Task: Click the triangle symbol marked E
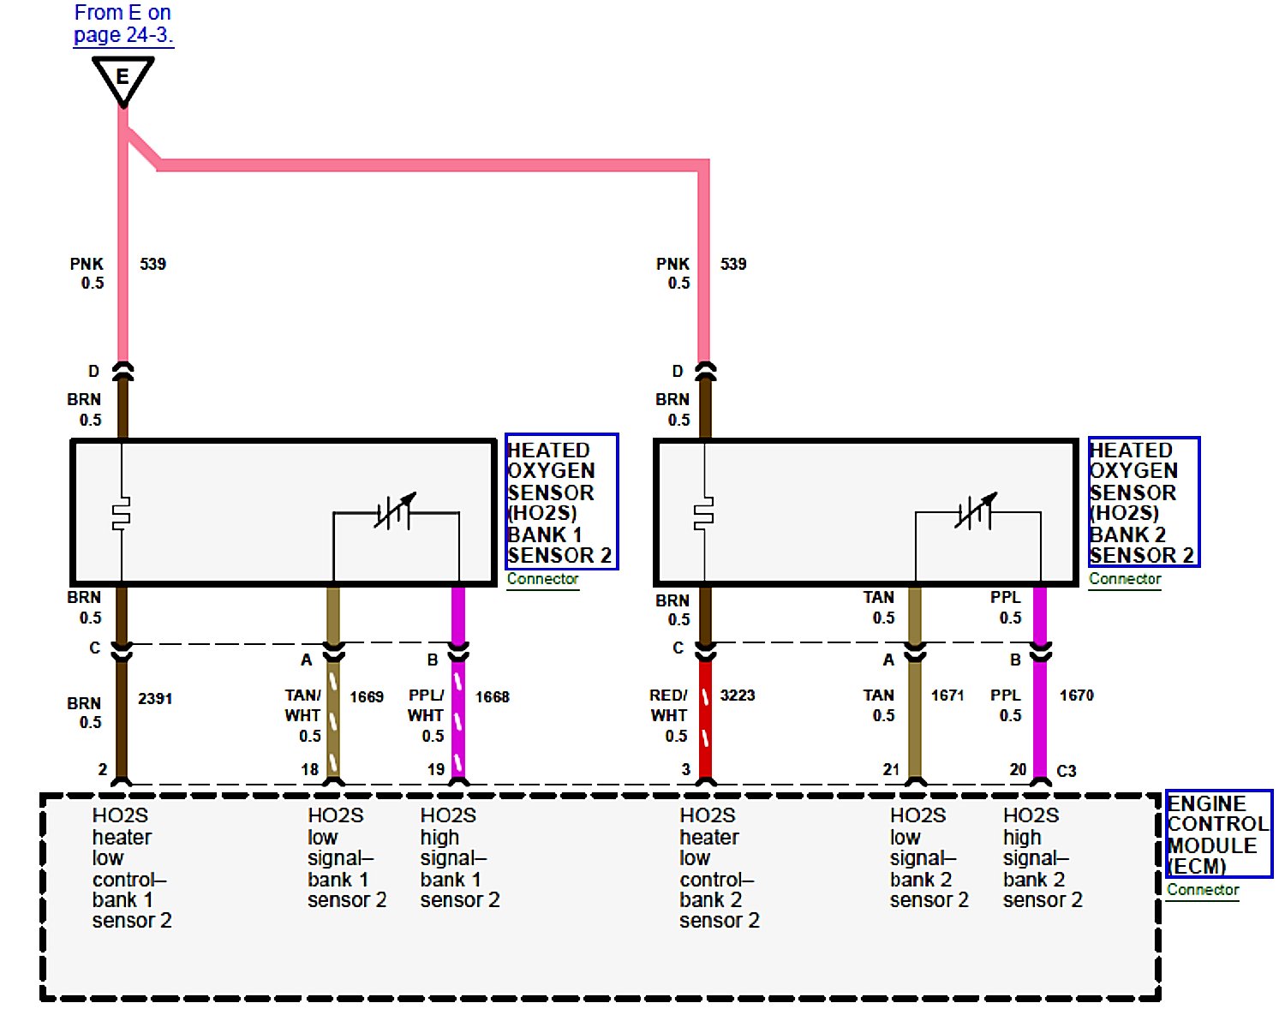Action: click(123, 78)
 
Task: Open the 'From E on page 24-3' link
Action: click(123, 24)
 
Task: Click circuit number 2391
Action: click(155, 699)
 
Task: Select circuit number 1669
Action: click(367, 697)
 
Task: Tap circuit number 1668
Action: click(493, 697)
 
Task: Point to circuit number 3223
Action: click(738, 696)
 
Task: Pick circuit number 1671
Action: click(947, 696)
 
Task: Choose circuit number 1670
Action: click(1077, 696)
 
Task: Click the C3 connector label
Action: click(1067, 771)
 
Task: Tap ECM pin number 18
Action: click(310, 769)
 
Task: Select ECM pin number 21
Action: click(892, 769)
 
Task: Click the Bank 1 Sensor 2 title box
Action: click(561, 502)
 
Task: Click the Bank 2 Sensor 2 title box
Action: click(1144, 502)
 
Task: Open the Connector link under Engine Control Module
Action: click(1203, 890)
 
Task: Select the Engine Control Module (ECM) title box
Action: click(1218, 834)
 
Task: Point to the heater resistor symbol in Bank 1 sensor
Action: click(122, 513)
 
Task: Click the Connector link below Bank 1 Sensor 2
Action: click(542, 579)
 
